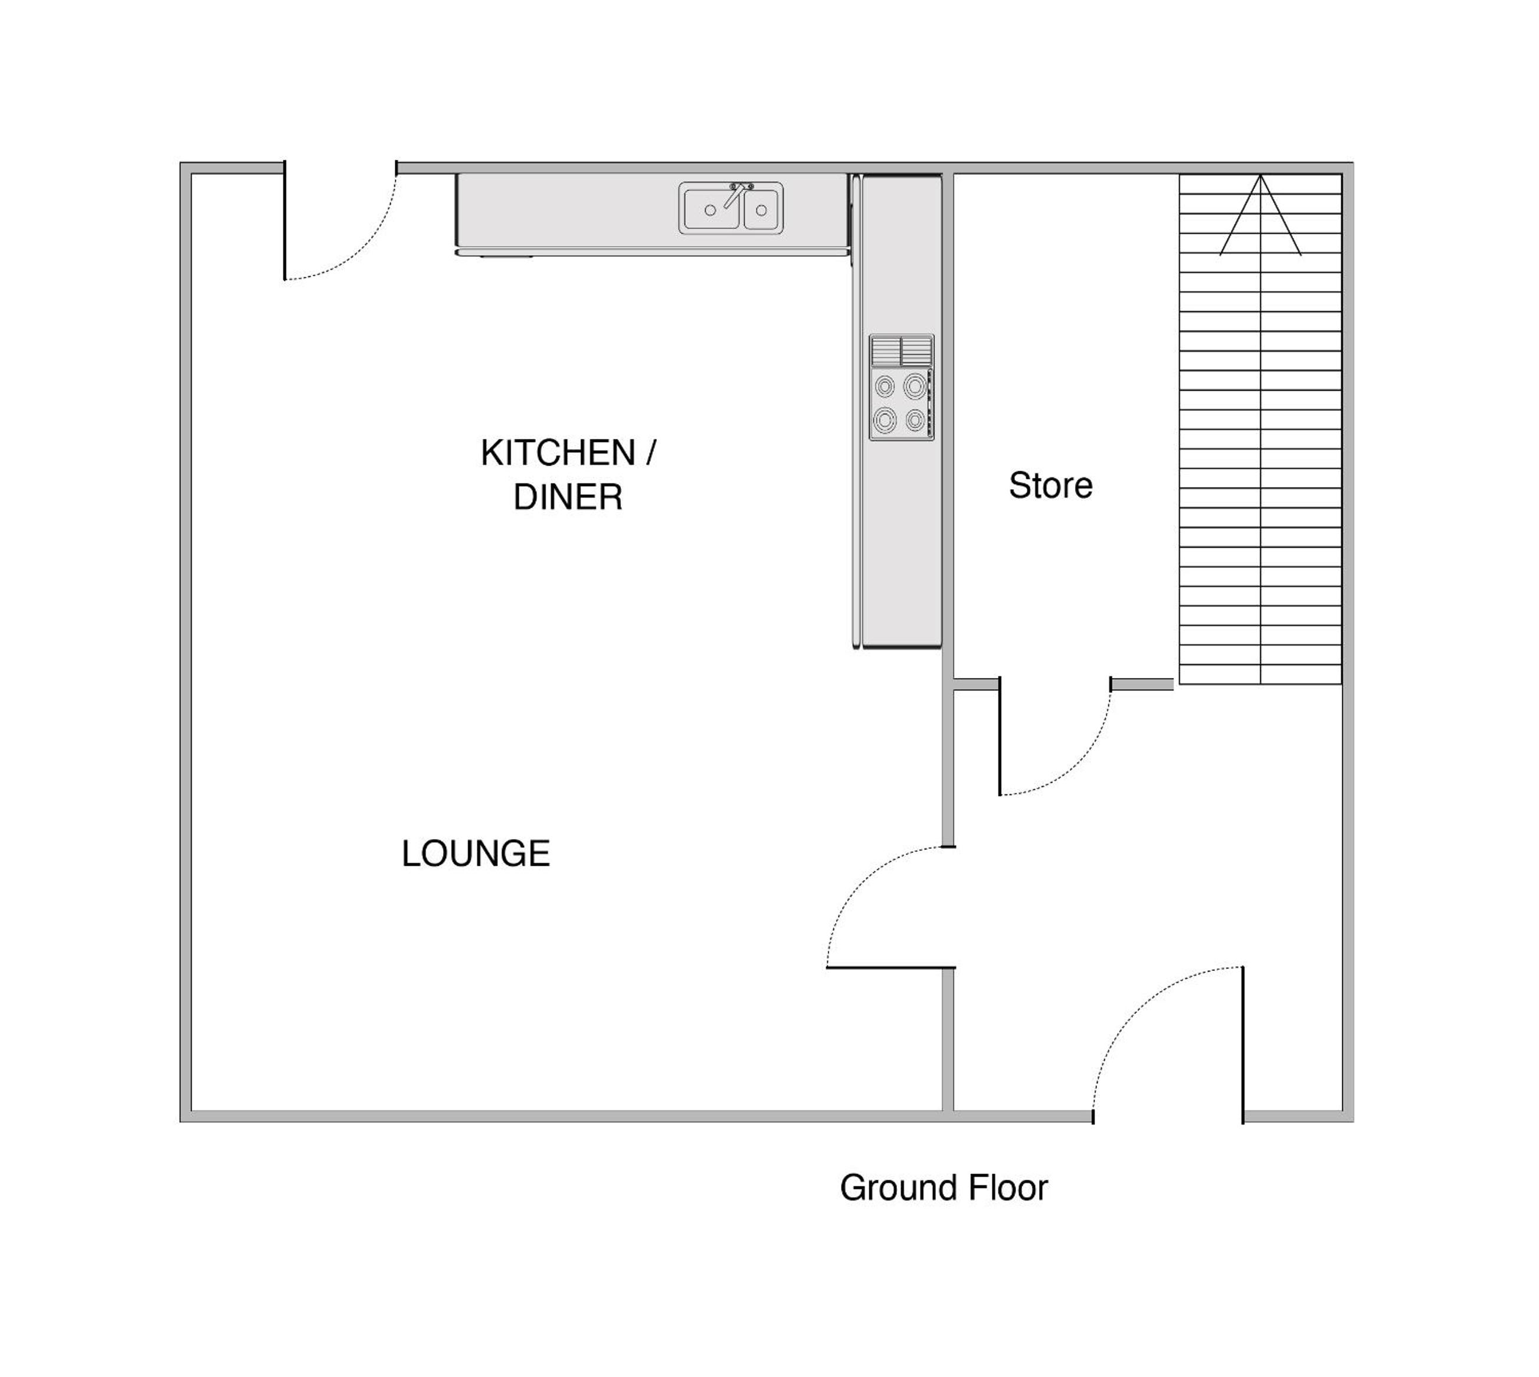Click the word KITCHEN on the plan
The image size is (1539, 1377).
tap(558, 453)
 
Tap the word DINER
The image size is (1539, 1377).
tap(568, 497)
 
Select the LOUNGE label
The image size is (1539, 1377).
tap(476, 853)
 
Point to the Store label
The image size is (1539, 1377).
tap(1050, 485)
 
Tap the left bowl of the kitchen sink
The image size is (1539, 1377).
tap(711, 210)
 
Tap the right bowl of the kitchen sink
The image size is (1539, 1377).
tap(762, 210)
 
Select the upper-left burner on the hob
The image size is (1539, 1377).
tap(885, 387)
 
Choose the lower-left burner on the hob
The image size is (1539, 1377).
tap(885, 419)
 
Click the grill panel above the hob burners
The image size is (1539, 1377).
tap(902, 351)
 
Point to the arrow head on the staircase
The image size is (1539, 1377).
tap(1260, 215)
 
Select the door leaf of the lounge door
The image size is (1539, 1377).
tap(891, 968)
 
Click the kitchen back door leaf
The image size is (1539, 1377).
tap(284, 220)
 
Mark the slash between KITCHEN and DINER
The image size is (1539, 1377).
tap(650, 453)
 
